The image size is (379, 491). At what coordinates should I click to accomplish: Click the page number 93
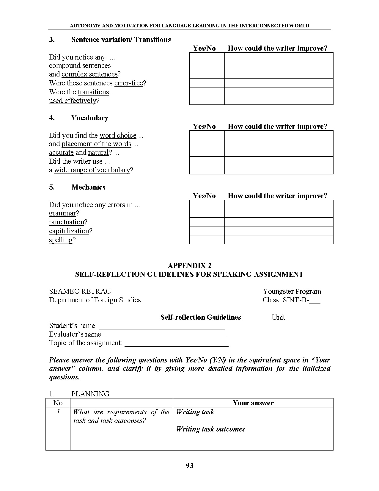pos(189,466)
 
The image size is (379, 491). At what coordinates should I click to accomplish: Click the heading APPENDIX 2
pos(189,266)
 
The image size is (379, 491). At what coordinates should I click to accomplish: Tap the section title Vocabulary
pos(89,118)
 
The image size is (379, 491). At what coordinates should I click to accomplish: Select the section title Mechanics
pos(88,187)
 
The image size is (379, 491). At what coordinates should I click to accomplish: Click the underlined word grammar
pos(62,213)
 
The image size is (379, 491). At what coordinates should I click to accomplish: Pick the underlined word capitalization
pos(69,231)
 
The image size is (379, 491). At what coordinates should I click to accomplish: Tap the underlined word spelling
pos(61,240)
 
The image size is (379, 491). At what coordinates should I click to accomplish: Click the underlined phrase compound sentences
pos(80,66)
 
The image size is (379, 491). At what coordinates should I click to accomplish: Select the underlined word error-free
pos(128,83)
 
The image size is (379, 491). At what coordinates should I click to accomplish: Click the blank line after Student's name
pos(162,326)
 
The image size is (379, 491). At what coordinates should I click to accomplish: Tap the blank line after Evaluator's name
pos(166,334)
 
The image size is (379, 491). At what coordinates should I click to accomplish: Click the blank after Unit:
pos(300,318)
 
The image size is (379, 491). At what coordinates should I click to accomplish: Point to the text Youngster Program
pos(292,291)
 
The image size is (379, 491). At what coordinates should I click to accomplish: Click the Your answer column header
pos(253,403)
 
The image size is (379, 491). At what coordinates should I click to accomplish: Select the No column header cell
pos(58,403)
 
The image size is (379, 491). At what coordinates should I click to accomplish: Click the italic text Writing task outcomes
pos(210,429)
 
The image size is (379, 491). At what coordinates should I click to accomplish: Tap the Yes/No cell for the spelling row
pos(207,240)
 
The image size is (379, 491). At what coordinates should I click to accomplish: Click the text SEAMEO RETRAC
pos(80,291)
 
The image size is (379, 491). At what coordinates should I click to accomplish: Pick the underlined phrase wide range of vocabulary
pos(92,170)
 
